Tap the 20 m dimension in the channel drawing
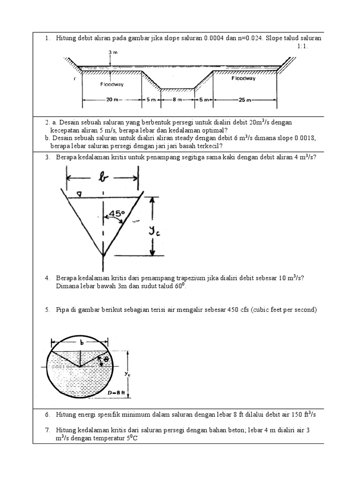[111, 99]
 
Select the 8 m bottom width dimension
[177, 99]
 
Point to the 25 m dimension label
[245, 99]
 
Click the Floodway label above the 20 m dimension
[111, 84]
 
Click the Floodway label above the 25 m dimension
[243, 79]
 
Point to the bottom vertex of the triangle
[104, 256]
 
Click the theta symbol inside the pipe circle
[106, 359]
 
